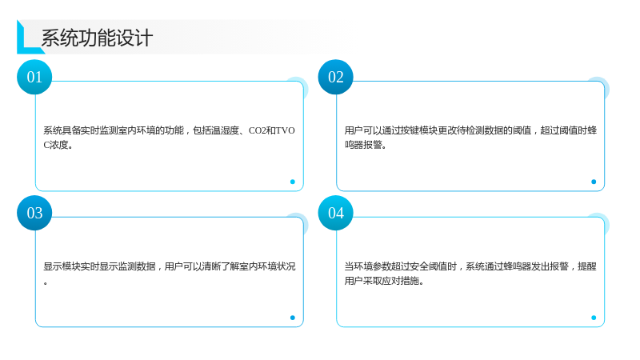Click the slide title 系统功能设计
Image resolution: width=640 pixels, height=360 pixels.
(x=97, y=38)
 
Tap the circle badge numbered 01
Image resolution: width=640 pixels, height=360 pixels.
(x=34, y=77)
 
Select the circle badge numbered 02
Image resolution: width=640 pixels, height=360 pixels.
(x=335, y=77)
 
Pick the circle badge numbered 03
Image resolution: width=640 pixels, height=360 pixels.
(x=34, y=213)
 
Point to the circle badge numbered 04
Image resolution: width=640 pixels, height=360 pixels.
(x=335, y=213)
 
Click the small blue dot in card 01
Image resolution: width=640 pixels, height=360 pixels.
(x=292, y=182)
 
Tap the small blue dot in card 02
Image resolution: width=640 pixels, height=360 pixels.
(x=594, y=182)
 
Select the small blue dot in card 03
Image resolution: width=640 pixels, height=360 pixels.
(x=292, y=318)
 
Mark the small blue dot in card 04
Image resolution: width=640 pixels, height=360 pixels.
(x=594, y=318)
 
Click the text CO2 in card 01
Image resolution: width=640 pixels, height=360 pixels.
(x=257, y=130)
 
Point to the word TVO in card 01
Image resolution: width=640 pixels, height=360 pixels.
(x=286, y=130)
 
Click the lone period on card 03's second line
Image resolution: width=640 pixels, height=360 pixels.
(x=46, y=283)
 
